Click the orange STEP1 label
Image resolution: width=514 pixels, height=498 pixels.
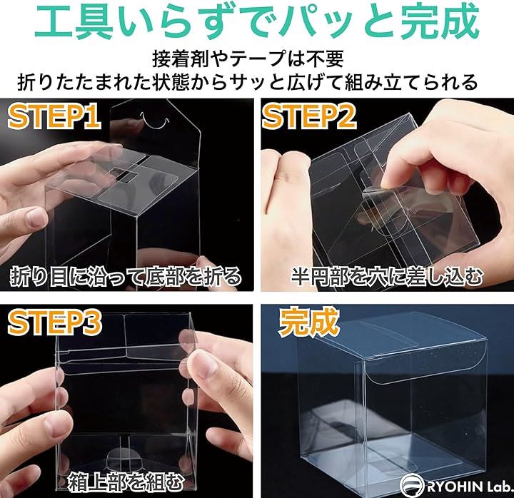54,117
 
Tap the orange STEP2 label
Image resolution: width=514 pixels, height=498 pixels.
309,117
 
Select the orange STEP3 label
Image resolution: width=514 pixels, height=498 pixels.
54,324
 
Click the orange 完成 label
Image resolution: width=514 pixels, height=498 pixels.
308,322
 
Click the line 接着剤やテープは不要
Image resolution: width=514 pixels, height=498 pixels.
248,59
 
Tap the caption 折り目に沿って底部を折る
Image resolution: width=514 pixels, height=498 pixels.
126,277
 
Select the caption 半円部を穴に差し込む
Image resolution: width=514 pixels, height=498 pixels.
387,277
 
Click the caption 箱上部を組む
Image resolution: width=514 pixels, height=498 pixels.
125,482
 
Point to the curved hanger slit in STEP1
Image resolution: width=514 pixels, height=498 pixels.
154,121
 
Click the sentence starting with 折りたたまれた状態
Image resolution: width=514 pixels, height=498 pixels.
247,82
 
